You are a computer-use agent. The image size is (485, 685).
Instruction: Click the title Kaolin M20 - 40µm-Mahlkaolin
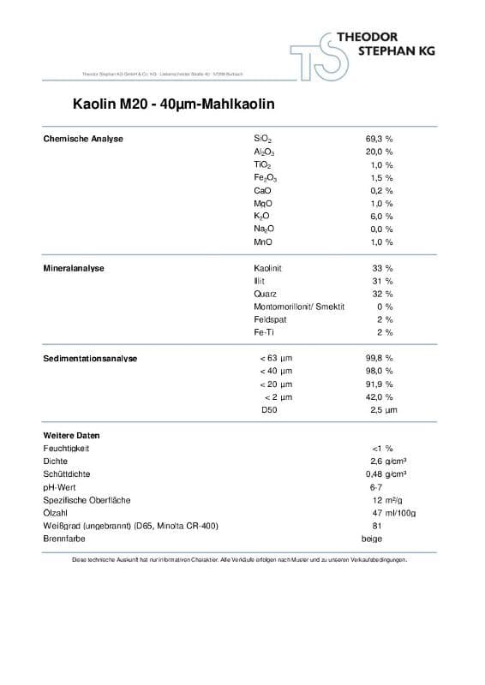pos(173,105)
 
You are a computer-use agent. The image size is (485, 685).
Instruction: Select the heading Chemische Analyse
pos(83,139)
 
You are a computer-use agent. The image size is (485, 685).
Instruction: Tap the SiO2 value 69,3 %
pos(379,139)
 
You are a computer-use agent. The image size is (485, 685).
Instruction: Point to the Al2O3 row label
pos(264,152)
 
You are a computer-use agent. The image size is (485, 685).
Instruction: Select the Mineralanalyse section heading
pos(74,268)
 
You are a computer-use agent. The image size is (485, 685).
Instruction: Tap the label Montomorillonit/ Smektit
pos(299,307)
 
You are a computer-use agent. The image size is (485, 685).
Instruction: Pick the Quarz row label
pos(265,294)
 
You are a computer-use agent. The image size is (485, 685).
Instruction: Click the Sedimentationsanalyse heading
pos(90,358)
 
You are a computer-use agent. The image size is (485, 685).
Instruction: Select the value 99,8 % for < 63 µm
pos(379,358)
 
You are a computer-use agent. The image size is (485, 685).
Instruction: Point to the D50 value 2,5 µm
pos(382,410)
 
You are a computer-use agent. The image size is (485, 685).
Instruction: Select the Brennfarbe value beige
pos(372,539)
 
